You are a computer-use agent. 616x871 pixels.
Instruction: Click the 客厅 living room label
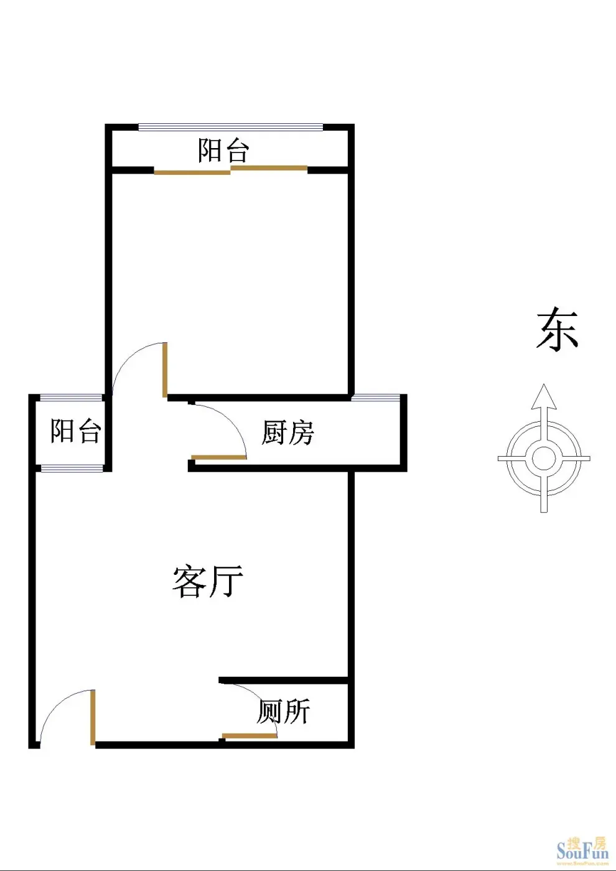click(x=208, y=581)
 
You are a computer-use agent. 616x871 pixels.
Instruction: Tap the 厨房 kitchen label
click(x=287, y=432)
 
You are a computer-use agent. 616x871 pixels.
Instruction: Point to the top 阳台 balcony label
click(x=223, y=150)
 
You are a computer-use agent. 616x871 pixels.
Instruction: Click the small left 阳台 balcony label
click(x=76, y=431)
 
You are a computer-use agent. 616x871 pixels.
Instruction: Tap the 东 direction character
click(x=557, y=329)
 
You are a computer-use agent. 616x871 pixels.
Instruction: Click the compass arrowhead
click(x=544, y=396)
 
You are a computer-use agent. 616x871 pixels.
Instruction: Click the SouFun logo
click(x=582, y=854)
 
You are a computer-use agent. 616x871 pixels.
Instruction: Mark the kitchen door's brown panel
click(x=219, y=457)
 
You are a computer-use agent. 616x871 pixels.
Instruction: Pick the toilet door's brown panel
click(x=250, y=735)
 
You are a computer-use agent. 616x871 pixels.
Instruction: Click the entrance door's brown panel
click(x=93, y=717)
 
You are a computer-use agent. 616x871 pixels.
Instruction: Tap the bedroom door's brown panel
click(x=165, y=370)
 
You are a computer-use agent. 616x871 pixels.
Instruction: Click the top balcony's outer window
click(x=231, y=127)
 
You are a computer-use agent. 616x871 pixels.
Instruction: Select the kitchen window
click(x=376, y=398)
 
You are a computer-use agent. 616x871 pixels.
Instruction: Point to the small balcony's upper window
click(x=71, y=398)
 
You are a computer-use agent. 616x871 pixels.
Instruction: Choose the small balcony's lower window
click(x=72, y=468)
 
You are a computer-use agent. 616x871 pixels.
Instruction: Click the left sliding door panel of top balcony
click(x=192, y=172)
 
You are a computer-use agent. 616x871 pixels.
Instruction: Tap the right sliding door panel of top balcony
click(x=269, y=168)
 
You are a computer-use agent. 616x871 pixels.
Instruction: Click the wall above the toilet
click(x=283, y=680)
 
